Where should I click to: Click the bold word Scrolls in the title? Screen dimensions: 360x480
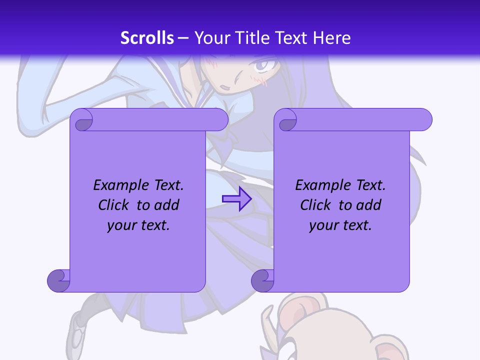coord(147,37)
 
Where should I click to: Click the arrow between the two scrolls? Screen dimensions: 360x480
coord(236,198)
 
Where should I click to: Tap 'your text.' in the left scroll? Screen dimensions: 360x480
coord(138,225)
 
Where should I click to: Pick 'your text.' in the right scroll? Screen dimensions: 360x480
coord(340,225)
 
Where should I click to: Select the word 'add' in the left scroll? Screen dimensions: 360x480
coord(167,205)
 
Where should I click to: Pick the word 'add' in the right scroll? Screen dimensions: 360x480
coord(369,205)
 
